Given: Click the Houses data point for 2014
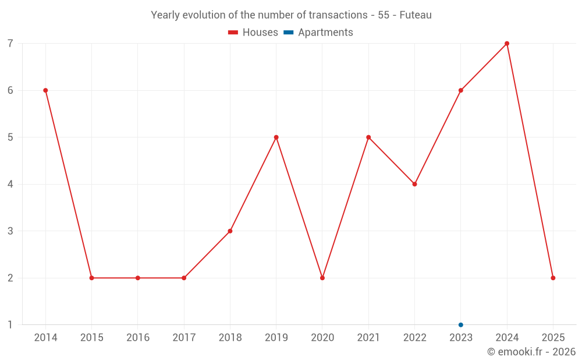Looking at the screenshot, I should (45, 90).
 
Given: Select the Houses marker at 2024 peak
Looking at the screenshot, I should (507, 44).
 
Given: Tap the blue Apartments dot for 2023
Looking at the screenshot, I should (461, 325).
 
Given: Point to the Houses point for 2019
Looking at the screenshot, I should (276, 137).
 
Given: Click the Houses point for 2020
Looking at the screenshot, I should (322, 278).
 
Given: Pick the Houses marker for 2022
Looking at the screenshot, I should (414, 184).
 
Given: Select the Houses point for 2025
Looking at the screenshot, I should (553, 278).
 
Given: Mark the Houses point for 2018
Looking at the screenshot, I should (230, 231).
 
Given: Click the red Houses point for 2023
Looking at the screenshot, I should (461, 90).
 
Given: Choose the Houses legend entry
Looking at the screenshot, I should (253, 33).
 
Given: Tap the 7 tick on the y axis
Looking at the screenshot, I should (10, 44).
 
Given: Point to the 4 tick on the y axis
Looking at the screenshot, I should (10, 184).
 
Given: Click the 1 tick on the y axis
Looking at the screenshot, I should (10, 325).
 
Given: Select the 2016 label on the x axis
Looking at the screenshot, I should (138, 338).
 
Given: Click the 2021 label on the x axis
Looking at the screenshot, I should (368, 338).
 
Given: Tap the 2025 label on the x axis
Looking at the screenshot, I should (553, 338).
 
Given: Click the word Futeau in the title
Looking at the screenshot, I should (416, 15).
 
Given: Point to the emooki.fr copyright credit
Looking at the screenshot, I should (531, 352).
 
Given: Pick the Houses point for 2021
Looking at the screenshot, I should (368, 137).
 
